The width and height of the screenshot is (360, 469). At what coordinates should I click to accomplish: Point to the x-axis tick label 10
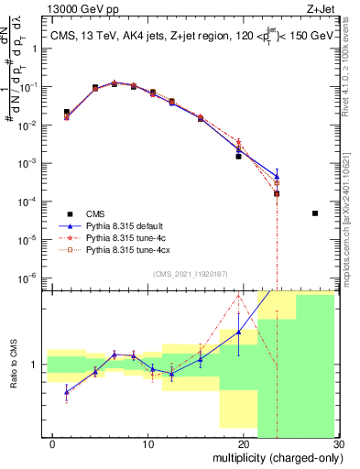tap(147, 443)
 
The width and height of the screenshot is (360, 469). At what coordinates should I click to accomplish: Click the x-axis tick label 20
tap(243, 443)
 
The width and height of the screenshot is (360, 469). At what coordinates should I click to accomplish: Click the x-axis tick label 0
tap(53, 443)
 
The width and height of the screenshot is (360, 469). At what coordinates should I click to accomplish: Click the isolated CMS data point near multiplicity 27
tap(315, 213)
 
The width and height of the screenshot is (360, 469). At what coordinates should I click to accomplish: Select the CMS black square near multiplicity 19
tap(238, 157)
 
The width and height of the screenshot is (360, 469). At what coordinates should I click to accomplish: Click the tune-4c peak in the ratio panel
tap(238, 295)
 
